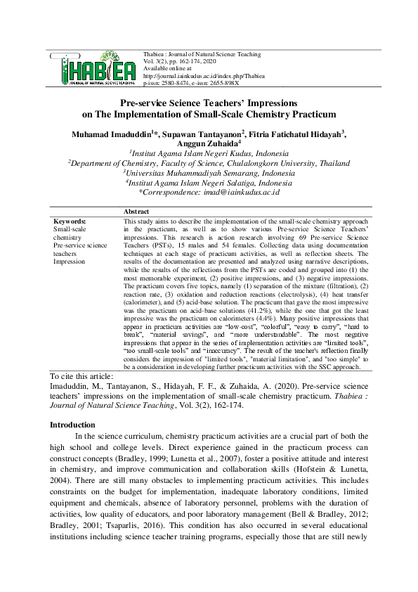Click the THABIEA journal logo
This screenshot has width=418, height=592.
tap(93, 67)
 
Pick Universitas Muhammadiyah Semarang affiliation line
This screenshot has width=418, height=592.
tap(209, 172)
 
